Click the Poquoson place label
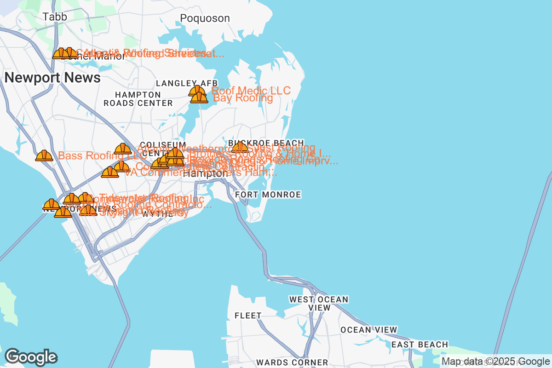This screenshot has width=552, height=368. (205, 18)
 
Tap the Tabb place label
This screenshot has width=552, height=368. (55, 17)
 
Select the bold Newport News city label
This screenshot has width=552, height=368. (52, 78)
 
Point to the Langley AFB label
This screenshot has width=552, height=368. (186, 83)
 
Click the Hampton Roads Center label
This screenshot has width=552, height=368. (138, 99)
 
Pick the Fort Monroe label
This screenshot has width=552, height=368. (268, 195)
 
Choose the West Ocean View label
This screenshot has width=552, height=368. (319, 304)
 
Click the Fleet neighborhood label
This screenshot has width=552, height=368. (248, 316)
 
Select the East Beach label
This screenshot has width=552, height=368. (420, 345)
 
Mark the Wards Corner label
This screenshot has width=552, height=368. (292, 362)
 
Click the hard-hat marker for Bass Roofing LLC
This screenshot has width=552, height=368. (44, 155)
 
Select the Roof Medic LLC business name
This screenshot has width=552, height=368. (251, 91)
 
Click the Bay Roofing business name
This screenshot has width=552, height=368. (243, 98)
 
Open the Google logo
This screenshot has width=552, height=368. (31, 357)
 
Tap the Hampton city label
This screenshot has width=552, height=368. (205, 174)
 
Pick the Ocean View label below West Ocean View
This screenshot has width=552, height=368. (368, 330)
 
